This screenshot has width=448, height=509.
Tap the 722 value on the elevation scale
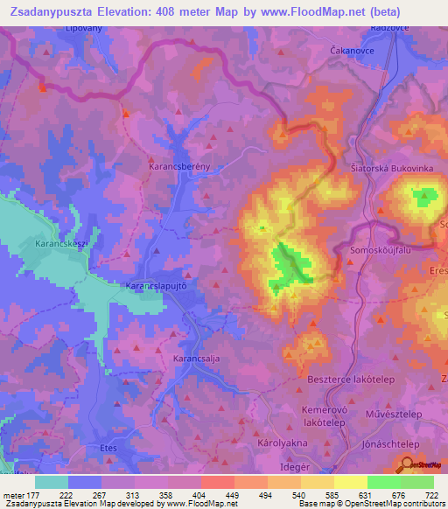pyautogui.click(x=429, y=495)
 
